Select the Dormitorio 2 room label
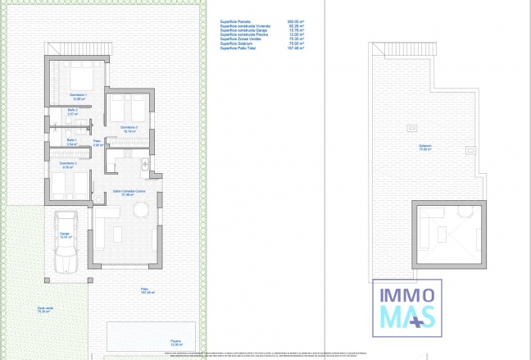pyautogui.click(x=68, y=164)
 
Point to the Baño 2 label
pyautogui.click(x=72, y=111)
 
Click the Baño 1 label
pyautogui.click(x=72, y=140)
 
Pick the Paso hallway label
pyautogui.click(x=97, y=142)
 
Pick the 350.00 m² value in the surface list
pyautogui.click(x=293, y=22)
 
